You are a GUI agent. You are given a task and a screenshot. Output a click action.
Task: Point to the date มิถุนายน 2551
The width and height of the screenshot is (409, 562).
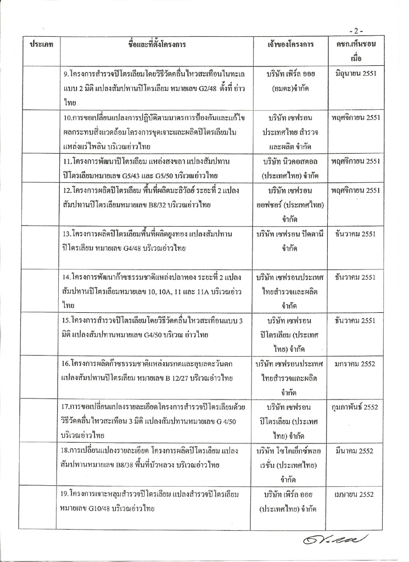(x=359, y=73)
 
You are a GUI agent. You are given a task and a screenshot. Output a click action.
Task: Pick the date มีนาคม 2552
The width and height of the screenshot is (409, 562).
(x=360, y=451)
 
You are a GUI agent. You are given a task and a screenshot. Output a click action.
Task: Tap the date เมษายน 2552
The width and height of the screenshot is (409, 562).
(x=360, y=494)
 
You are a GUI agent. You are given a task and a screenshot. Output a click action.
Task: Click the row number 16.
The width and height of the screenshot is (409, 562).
(x=66, y=364)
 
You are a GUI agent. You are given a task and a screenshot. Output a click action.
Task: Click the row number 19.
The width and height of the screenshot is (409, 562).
(x=66, y=494)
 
